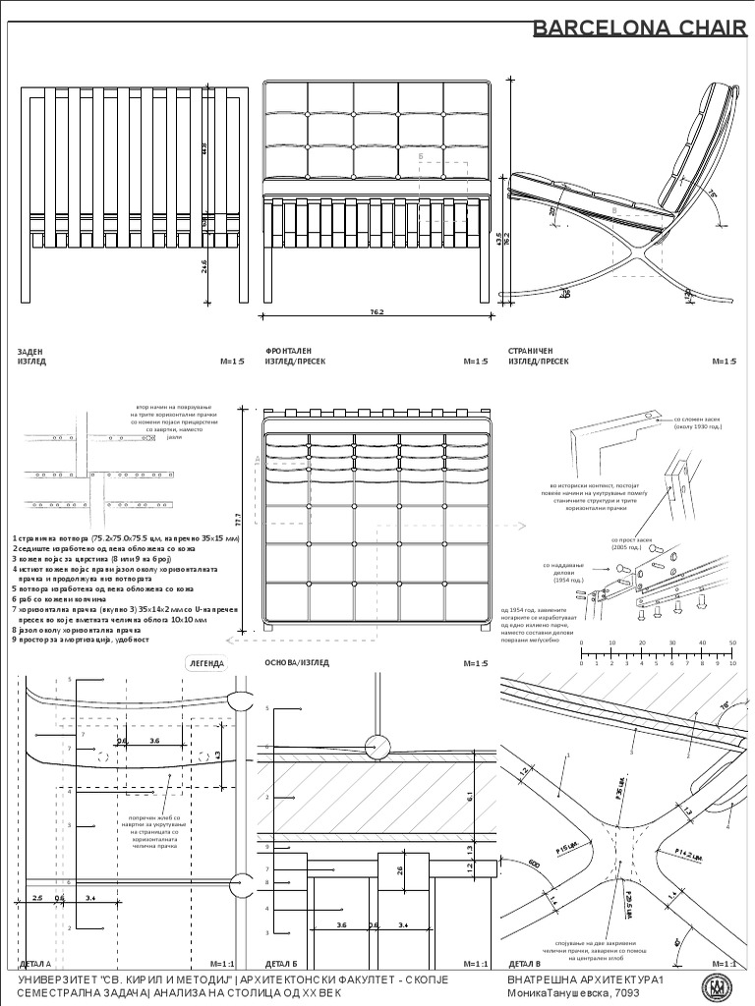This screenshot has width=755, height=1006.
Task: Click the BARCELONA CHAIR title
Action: coord(639,28)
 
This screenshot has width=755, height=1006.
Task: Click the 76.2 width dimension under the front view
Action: coord(376,312)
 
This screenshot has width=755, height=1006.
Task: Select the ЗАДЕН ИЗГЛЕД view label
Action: coord(32,356)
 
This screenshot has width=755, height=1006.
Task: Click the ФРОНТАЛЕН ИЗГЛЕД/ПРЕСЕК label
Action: coord(295,356)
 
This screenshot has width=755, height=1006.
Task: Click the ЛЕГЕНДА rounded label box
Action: coord(206,663)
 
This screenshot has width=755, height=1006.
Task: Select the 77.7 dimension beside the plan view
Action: coord(252,518)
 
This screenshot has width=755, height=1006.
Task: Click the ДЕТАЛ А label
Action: coord(34,964)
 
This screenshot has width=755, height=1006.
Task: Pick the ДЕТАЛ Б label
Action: coord(281,964)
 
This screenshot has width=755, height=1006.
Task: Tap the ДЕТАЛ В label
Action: coord(524,964)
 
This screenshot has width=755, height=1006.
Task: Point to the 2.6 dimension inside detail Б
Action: coord(398,870)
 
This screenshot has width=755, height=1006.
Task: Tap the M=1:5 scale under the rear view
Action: coord(231,362)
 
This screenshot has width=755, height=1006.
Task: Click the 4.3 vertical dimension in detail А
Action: coord(217,754)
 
